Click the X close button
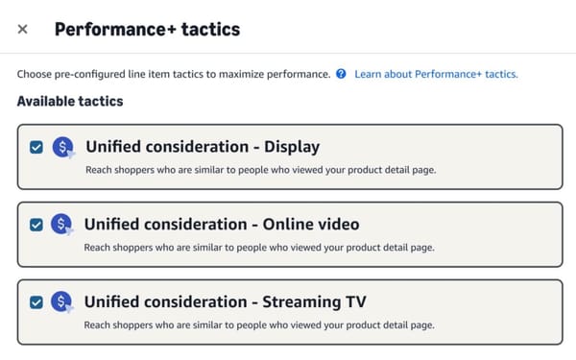tap(23, 29)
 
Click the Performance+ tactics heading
tap(147, 29)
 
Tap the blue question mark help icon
tap(341, 74)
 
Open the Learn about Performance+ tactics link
tap(436, 74)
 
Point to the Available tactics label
tap(70, 101)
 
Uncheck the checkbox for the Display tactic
tap(36, 147)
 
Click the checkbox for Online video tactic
tap(36, 225)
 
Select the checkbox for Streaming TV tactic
tap(36, 302)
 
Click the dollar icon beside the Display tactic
tap(61, 147)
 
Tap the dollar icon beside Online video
tap(61, 225)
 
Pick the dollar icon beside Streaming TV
tap(61, 302)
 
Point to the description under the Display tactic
tap(260, 170)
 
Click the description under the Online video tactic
tap(260, 248)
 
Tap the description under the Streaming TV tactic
tap(260, 325)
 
